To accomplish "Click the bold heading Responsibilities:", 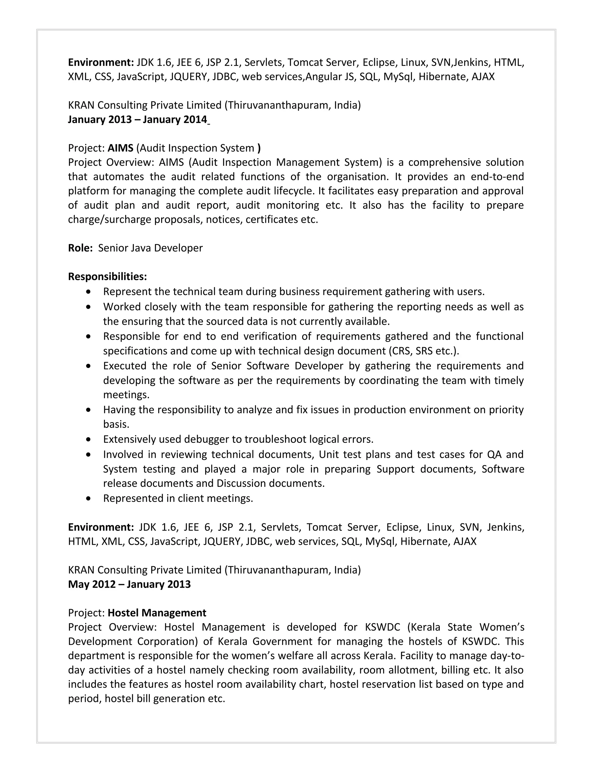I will point(107,276).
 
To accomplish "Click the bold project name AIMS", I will point(120,148).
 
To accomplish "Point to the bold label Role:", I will point(80,248).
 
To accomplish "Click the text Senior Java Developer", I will point(150,248).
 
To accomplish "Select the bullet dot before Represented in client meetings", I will point(88,498).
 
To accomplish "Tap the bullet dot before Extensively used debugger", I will point(88,439).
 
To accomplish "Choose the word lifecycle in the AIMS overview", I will point(294,191).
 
